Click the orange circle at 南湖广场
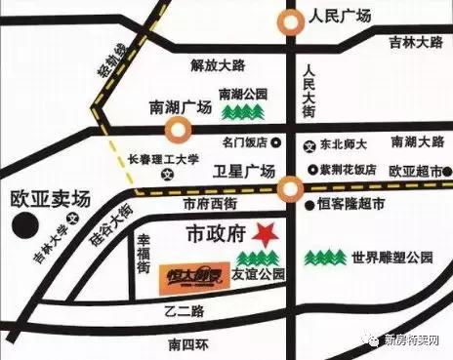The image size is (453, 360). tap(178, 130)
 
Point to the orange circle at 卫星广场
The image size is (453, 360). tap(289, 187)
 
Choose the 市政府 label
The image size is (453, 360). tap(214, 235)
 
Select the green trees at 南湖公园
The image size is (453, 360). tap(240, 113)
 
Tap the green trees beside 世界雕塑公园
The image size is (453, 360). tap(325, 260)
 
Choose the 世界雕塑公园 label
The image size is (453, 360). tap(392, 260)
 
